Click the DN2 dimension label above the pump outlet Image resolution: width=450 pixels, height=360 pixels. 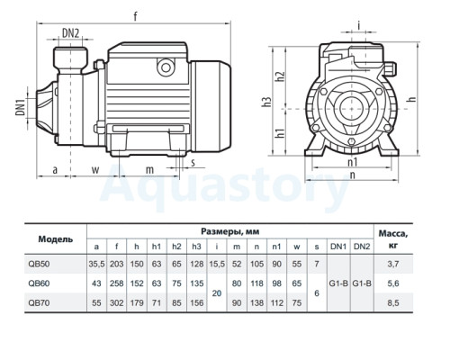point(70,33)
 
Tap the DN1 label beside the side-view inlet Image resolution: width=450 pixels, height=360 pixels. point(21,108)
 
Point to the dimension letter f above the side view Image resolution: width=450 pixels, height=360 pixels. point(136,16)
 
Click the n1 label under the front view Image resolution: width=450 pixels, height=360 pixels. point(353,162)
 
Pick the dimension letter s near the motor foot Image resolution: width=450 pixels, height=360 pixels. point(193,162)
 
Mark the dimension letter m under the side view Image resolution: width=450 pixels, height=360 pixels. point(149,170)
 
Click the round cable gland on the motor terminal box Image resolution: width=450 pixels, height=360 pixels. point(166,67)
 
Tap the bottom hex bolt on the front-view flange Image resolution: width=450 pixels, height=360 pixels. point(351,141)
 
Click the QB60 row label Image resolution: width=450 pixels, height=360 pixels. point(39,283)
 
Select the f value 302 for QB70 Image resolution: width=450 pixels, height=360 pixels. point(117,302)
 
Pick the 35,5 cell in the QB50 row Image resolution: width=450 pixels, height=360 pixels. point(96,264)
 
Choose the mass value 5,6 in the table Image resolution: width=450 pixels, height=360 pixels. point(393,283)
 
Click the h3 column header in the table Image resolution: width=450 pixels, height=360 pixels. point(196,247)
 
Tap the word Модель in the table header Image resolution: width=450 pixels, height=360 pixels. point(56,239)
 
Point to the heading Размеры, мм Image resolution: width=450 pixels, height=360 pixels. point(230,231)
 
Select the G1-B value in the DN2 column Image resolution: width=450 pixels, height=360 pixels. point(362,283)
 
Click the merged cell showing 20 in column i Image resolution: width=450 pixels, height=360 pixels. point(217,293)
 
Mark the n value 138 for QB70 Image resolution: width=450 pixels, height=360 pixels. point(256,302)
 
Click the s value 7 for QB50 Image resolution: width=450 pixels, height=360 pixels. point(317,264)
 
